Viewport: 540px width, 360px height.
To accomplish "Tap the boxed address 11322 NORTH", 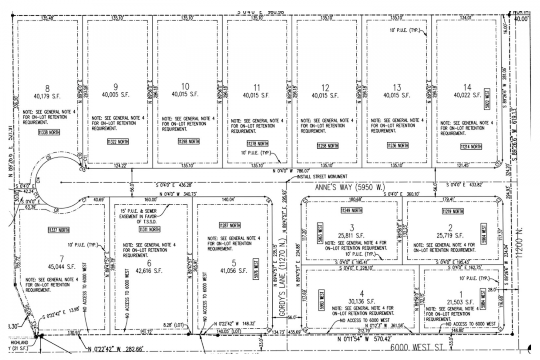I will click(x=118, y=142).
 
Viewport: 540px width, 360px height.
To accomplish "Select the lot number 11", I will click(x=257, y=87).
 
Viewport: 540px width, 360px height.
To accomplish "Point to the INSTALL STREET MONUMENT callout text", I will click(x=322, y=176).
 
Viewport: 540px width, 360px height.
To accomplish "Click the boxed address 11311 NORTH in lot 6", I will click(x=149, y=229).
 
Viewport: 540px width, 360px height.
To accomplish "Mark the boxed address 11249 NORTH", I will click(x=351, y=210).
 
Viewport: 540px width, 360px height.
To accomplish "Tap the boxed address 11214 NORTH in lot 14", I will click(x=471, y=147).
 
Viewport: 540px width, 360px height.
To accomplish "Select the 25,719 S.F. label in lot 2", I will click(x=450, y=236).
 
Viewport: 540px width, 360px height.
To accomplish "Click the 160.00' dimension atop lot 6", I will click(x=150, y=199).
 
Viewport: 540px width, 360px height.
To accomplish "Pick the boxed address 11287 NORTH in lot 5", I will click(x=230, y=225).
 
